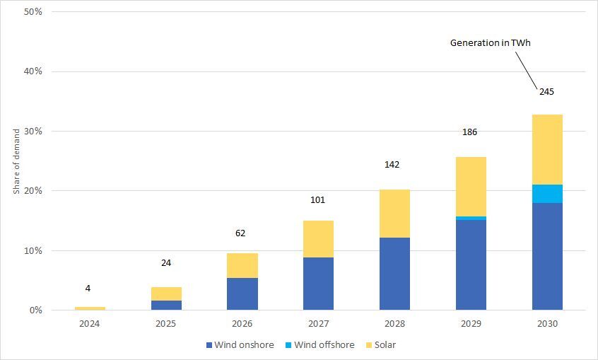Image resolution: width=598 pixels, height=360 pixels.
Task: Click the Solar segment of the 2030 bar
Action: (x=547, y=149)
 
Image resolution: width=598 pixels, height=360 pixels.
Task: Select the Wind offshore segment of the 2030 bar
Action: (x=547, y=194)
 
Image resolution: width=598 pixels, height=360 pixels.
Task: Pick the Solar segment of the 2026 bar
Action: (x=242, y=265)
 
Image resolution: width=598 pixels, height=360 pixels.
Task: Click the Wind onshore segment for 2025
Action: (x=166, y=305)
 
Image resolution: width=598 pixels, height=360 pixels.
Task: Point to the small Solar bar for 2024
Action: (x=90, y=308)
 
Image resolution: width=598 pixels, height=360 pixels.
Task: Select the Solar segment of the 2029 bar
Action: (x=471, y=187)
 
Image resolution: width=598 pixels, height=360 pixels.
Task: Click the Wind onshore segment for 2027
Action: (x=318, y=284)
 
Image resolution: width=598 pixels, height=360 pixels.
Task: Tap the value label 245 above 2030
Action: (x=548, y=91)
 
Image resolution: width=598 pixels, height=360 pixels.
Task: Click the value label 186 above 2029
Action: (x=471, y=132)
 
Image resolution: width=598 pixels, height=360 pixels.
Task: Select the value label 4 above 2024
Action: (x=88, y=288)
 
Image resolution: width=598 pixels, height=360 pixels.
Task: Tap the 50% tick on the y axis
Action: (x=33, y=12)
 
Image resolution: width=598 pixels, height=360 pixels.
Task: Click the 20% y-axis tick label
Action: (x=33, y=191)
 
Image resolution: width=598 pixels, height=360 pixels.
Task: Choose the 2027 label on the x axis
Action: (x=318, y=323)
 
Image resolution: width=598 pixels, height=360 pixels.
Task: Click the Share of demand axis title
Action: (x=16, y=161)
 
